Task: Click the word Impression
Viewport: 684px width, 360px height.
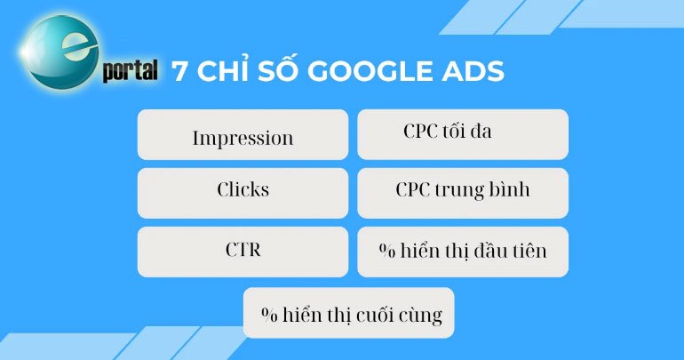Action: (x=243, y=139)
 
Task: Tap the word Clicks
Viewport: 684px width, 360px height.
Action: (x=243, y=190)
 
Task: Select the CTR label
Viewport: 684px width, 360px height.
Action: (x=243, y=249)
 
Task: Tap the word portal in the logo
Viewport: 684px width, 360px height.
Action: (x=130, y=72)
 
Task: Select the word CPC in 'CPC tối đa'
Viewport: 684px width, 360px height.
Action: (x=419, y=132)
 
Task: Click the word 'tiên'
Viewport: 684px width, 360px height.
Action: (x=528, y=251)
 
